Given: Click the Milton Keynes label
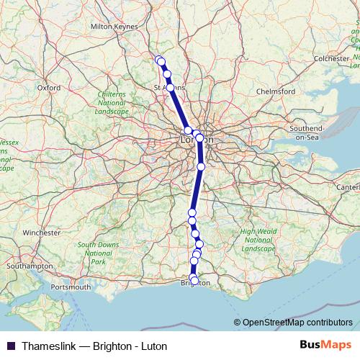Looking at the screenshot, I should pyautogui.click(x=114, y=27).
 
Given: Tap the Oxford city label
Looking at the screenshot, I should pyautogui.click(x=49, y=88).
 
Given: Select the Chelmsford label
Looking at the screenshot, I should pyautogui.click(x=276, y=92).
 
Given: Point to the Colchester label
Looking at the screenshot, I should pyautogui.click(x=330, y=58).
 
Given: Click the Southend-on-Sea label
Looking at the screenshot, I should pyautogui.click(x=307, y=132).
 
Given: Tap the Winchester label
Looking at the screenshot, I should pyautogui.click(x=42, y=233).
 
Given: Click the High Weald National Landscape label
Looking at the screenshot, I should pyautogui.click(x=258, y=240).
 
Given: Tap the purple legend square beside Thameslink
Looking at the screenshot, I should pyautogui.click(x=10, y=346).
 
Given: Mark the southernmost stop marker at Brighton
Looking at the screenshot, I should pyautogui.click(x=194, y=279).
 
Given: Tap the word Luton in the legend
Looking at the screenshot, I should pyautogui.click(x=153, y=346).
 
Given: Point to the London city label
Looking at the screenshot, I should pyautogui.click(x=195, y=139).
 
